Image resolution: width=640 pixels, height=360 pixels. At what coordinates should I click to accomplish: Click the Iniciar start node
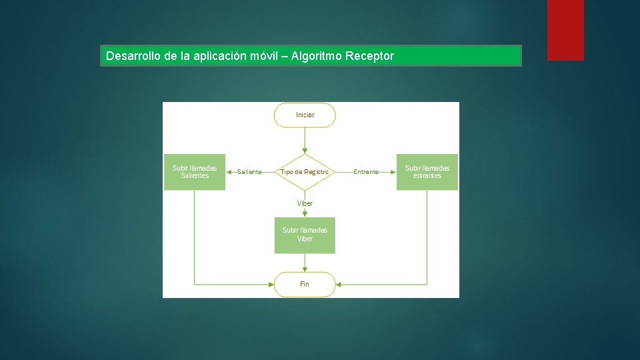click(305, 115)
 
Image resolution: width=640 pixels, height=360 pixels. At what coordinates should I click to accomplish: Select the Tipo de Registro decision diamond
click(305, 172)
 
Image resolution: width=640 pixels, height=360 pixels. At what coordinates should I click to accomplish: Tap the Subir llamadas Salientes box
click(195, 172)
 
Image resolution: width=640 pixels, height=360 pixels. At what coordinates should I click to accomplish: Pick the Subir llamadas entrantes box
click(427, 172)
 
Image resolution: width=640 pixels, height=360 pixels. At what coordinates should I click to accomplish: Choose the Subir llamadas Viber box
click(305, 235)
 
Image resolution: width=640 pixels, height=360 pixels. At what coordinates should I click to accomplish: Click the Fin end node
click(305, 284)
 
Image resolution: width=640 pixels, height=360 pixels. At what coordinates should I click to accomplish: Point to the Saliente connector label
click(249, 172)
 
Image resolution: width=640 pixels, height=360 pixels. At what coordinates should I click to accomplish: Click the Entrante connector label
click(366, 172)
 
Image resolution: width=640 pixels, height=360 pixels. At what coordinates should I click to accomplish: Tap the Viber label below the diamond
click(305, 203)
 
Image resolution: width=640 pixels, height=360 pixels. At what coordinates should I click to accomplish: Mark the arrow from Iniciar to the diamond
click(305, 140)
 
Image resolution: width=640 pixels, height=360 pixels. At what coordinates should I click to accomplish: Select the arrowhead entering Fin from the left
click(271, 284)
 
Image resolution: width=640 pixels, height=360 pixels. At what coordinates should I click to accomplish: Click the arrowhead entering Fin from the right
click(339, 284)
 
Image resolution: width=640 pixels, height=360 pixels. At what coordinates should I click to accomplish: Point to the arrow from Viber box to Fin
click(305, 263)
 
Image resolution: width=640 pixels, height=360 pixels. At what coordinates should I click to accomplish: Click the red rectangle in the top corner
click(565, 29)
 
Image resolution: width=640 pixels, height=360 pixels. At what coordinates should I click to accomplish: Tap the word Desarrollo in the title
click(132, 56)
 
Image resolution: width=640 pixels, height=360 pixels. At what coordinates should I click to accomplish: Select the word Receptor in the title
click(369, 56)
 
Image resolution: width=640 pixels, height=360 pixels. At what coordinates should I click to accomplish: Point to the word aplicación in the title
click(219, 56)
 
